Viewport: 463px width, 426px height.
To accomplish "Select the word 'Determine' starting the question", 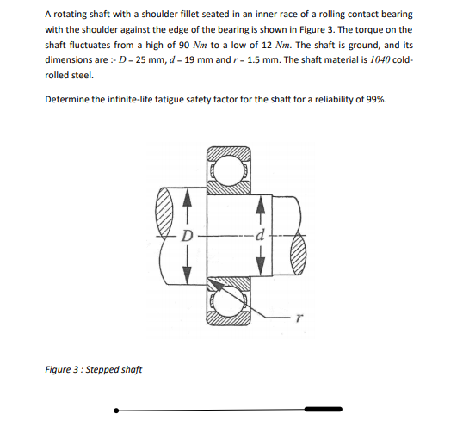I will click(65, 99).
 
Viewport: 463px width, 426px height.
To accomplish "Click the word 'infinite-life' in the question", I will click(127, 99).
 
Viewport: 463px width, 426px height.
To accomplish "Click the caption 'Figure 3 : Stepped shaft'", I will click(93, 369).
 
